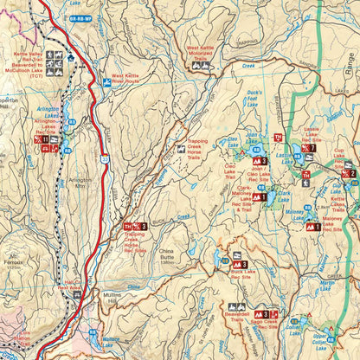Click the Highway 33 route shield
pos(103,159)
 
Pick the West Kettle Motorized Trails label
pos(200,53)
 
